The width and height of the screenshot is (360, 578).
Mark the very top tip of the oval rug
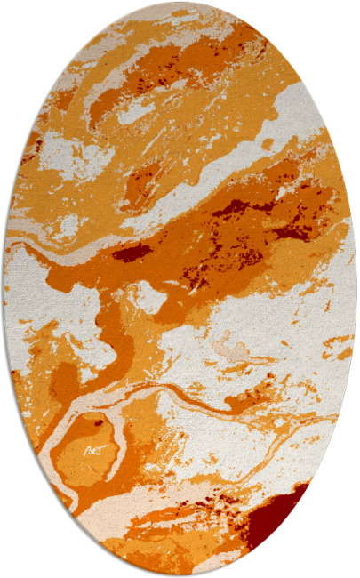point(180,3)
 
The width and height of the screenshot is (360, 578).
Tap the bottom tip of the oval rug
point(180,574)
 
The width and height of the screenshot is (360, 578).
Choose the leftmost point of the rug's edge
point(3,289)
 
